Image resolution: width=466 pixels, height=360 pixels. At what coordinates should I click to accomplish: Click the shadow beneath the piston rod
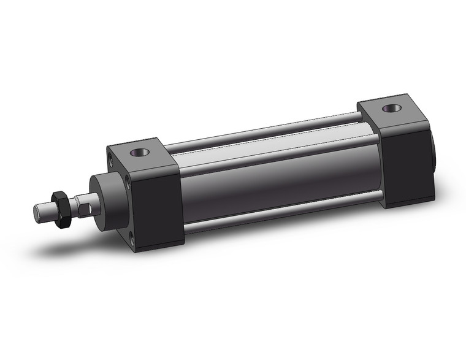tap(67, 242)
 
